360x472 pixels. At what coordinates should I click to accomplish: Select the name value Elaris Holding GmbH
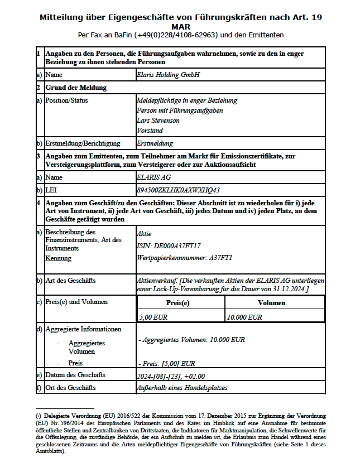point(167,74)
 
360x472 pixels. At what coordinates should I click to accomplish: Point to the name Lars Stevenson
point(158,121)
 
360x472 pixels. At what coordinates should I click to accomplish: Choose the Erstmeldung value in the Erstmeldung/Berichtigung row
point(155,143)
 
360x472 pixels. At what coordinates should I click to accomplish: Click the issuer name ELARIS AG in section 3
point(153,177)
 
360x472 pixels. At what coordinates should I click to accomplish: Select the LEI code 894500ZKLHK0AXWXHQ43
point(178,190)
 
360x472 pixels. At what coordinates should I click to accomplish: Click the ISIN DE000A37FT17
point(169,245)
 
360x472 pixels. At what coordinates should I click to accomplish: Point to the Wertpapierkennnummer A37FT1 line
point(184,258)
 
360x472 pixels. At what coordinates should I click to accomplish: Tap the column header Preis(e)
point(181,303)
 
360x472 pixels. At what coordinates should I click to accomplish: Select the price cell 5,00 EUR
point(153,317)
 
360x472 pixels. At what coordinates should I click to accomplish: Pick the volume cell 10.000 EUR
point(244,317)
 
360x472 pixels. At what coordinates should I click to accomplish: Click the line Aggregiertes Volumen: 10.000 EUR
point(191,339)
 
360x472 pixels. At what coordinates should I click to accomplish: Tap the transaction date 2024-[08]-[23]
point(158,375)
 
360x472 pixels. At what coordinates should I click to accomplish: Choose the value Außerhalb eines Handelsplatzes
point(182,388)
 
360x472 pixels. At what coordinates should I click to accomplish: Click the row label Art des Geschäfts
point(70,281)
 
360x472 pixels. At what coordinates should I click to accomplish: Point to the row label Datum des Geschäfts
point(75,375)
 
